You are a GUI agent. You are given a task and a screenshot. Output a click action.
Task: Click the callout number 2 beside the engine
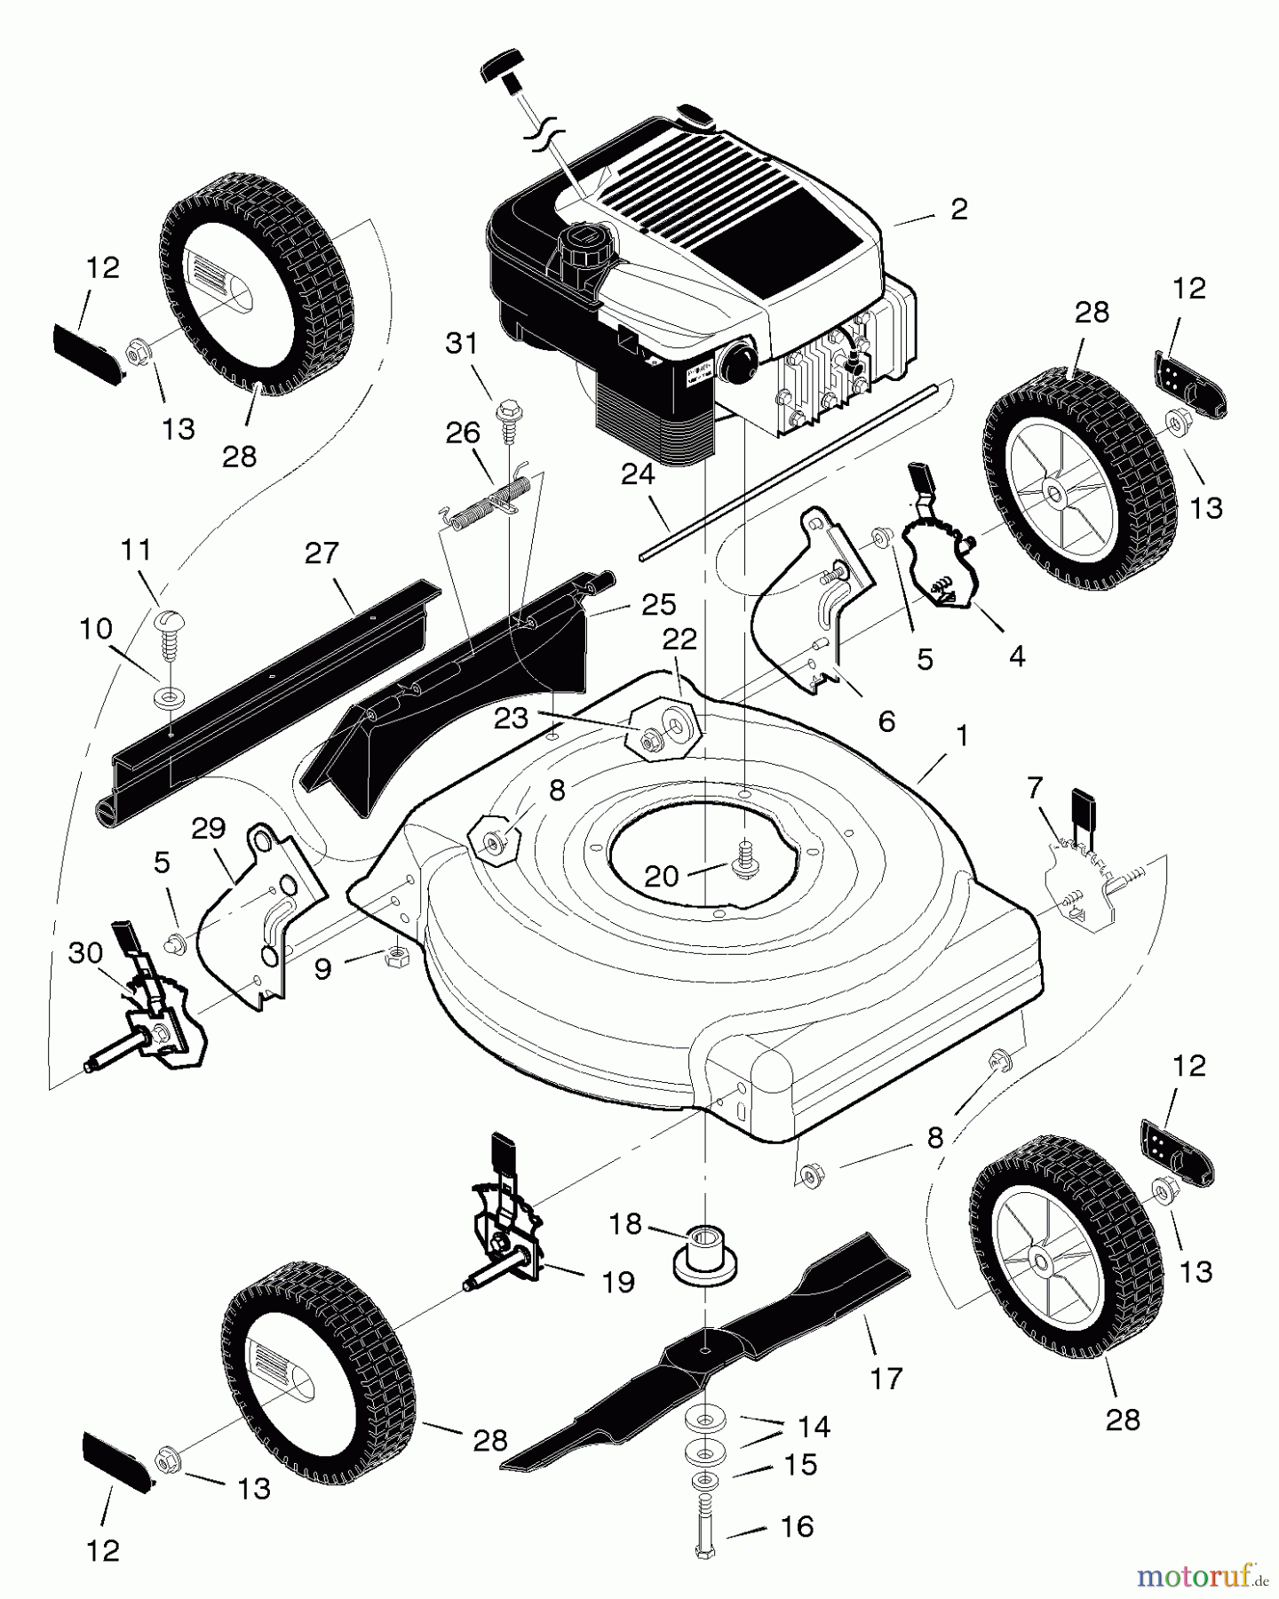click(x=958, y=210)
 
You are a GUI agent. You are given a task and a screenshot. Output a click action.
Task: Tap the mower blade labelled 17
click(x=711, y=1350)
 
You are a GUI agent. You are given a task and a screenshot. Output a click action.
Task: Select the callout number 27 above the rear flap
click(x=322, y=553)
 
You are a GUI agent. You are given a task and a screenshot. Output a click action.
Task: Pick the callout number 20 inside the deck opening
click(x=662, y=877)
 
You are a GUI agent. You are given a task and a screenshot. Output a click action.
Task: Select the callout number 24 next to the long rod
click(x=637, y=475)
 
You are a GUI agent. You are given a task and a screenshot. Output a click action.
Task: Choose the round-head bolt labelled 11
click(x=169, y=623)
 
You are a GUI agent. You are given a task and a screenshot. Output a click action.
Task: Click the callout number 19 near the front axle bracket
click(x=618, y=1282)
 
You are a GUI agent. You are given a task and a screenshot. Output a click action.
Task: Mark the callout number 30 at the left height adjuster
click(x=86, y=953)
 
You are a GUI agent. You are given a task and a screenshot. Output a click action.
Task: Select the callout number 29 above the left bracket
click(x=210, y=829)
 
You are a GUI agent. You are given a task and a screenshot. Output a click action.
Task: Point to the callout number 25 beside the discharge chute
click(x=658, y=604)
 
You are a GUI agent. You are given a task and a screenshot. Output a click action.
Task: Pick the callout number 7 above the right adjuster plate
click(x=1034, y=787)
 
